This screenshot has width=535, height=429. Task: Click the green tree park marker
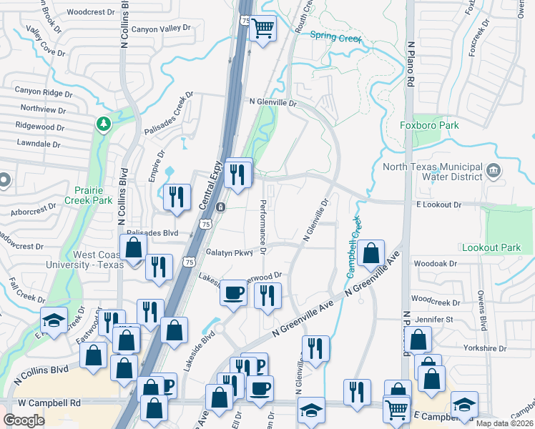coord(104,124)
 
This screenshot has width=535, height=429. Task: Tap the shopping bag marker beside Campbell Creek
coord(373,253)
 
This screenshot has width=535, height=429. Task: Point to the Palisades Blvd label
coord(152,233)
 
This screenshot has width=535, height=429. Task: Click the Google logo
coord(24,420)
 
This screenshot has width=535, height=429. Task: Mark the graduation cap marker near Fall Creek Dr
coord(54,320)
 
